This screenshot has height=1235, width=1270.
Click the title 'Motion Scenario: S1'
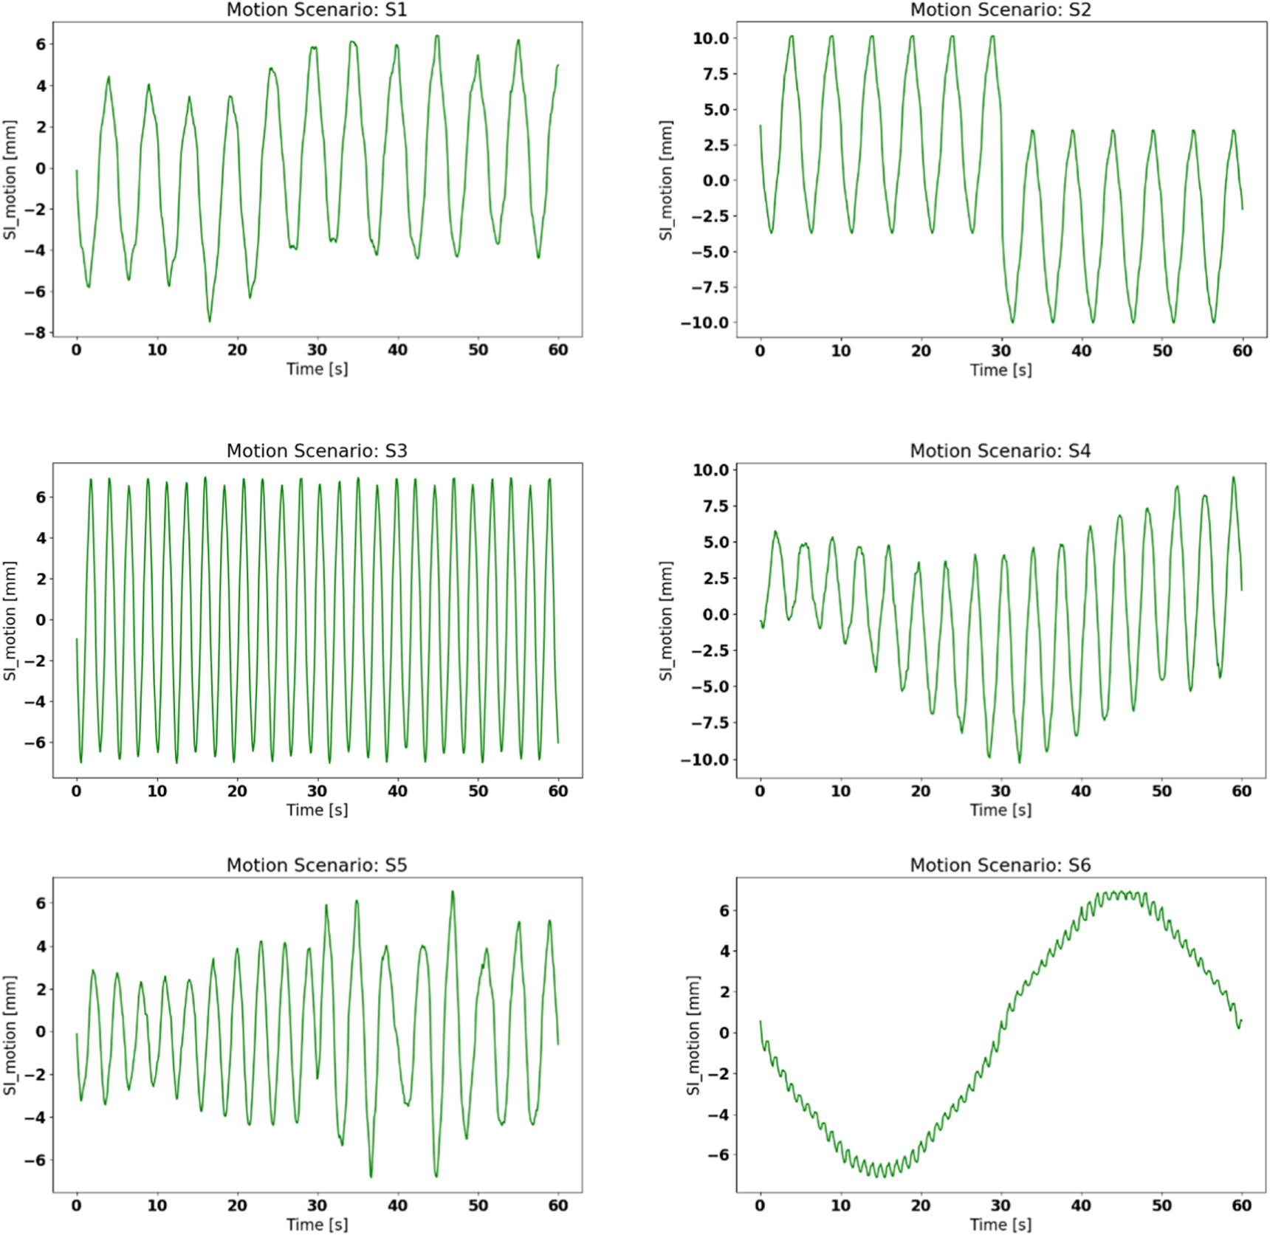click(x=316, y=10)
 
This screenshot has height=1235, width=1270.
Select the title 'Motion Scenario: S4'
click(x=1000, y=450)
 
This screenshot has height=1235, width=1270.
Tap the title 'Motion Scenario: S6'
click(x=1000, y=864)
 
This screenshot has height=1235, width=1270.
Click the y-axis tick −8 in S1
click(x=35, y=333)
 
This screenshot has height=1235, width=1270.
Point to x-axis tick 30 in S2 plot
click(x=1000, y=351)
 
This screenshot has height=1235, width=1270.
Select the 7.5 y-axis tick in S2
click(x=711, y=74)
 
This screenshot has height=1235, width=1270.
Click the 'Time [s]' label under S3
click(x=317, y=810)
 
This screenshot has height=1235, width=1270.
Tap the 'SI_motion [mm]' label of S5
click(x=10, y=1035)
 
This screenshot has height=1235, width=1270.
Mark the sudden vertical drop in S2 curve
click(x=1003, y=207)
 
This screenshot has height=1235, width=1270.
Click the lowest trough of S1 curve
click(x=210, y=320)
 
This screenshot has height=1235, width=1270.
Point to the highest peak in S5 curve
click(x=453, y=892)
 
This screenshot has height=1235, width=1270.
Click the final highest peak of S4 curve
click(x=1232, y=478)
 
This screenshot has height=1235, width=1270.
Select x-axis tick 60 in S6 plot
click(x=1241, y=1205)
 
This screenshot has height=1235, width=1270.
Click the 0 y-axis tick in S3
click(x=41, y=620)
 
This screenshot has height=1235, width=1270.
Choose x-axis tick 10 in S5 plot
click(x=157, y=1205)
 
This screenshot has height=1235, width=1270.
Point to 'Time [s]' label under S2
click(x=1000, y=370)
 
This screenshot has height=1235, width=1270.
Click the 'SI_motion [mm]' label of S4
click(x=666, y=620)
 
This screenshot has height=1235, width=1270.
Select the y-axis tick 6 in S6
click(x=724, y=910)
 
